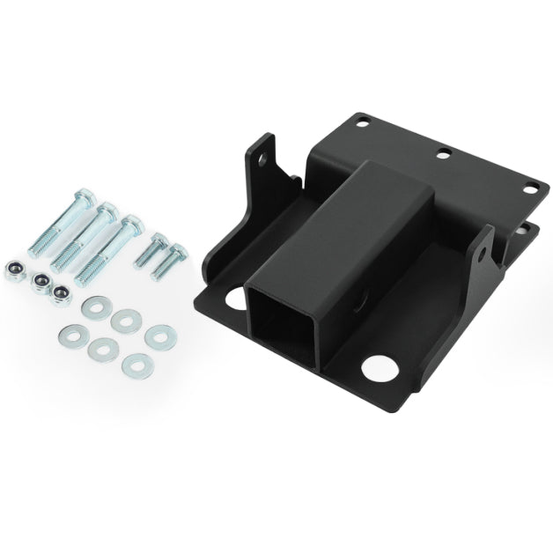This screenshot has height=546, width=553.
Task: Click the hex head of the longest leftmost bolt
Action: click(83, 196)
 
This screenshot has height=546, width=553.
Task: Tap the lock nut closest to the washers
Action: click(60, 293)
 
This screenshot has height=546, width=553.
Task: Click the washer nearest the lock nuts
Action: click(91, 307)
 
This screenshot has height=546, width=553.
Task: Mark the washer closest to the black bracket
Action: click(158, 336)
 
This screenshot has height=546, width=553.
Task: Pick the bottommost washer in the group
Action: click(136, 365)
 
